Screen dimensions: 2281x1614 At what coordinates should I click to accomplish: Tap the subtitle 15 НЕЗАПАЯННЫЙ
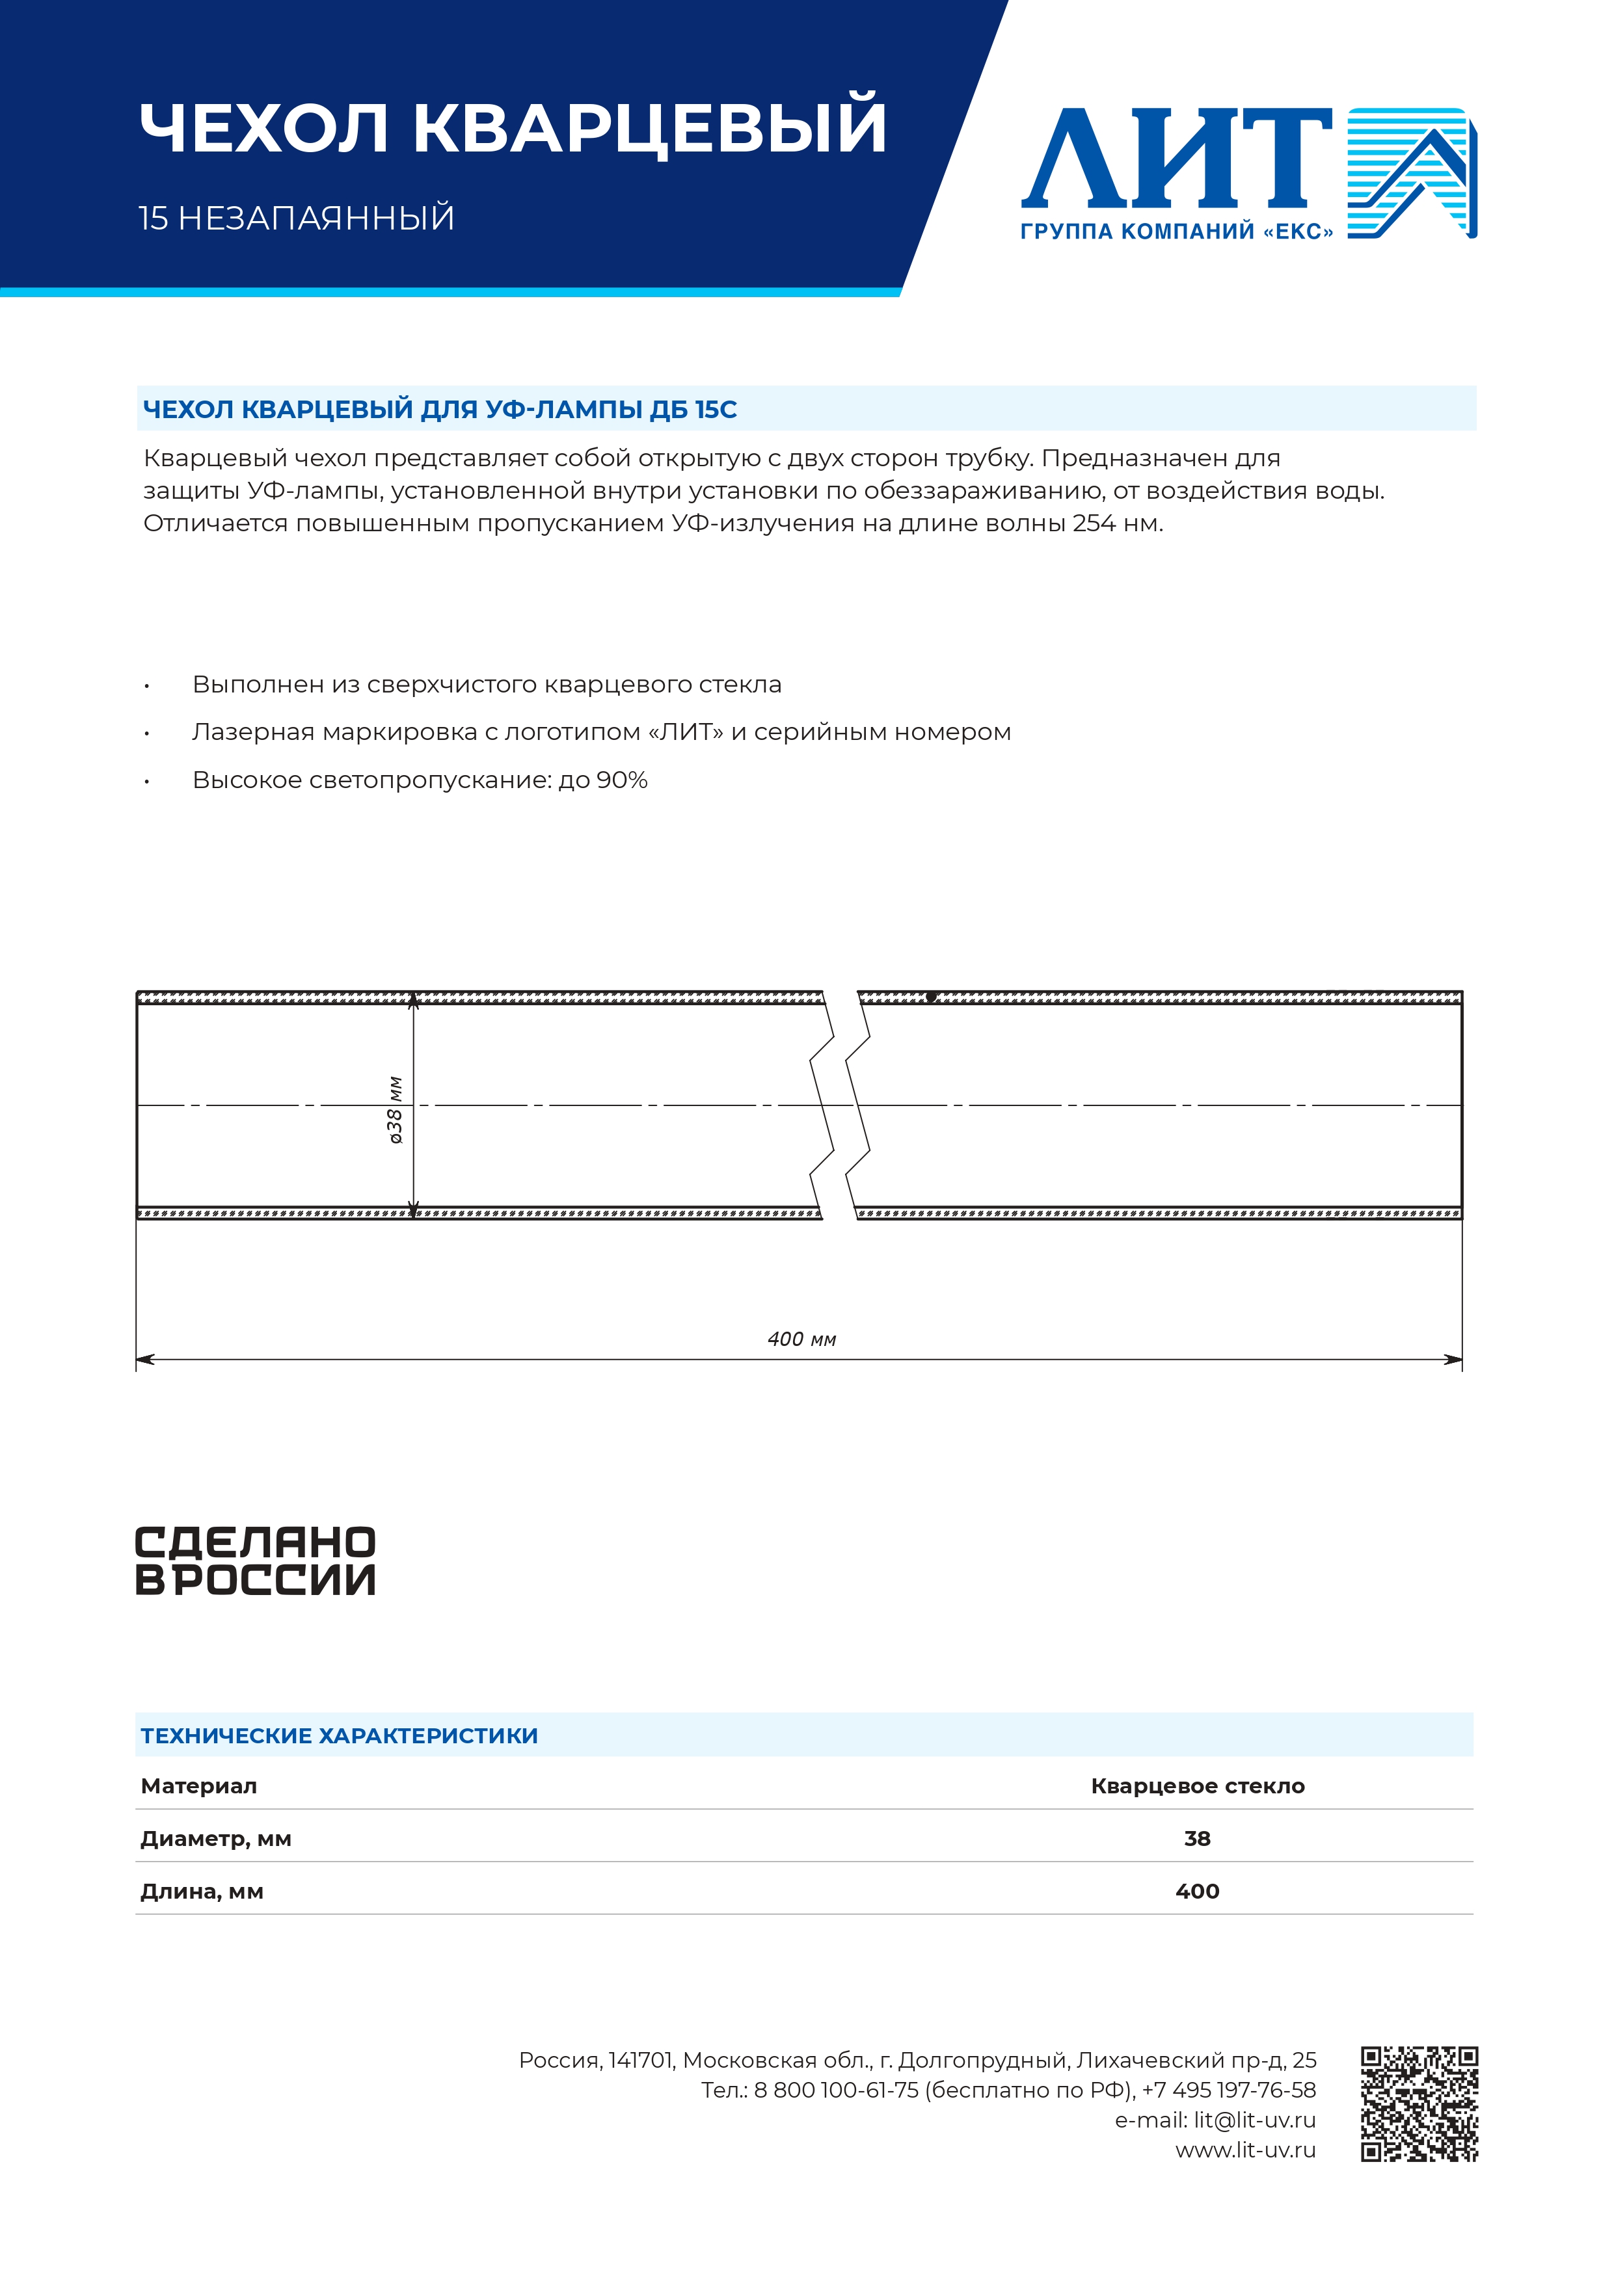point(296,218)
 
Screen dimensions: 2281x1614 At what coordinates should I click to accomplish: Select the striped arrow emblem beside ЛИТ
point(1411,172)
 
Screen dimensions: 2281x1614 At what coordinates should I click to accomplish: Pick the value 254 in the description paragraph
point(1093,523)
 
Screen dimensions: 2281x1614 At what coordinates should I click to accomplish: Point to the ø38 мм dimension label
point(396,1110)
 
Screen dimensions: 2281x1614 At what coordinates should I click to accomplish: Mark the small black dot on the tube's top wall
point(931,996)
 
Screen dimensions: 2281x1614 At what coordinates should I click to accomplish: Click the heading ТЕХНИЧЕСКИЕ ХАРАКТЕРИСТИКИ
point(339,1735)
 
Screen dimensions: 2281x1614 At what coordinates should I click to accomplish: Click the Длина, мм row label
point(202,1892)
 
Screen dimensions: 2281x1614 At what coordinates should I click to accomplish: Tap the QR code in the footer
point(1419,2104)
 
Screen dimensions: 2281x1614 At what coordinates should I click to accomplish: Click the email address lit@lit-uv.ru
point(1254,2120)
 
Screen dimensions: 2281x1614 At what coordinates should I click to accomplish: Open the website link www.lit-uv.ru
point(1245,2150)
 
